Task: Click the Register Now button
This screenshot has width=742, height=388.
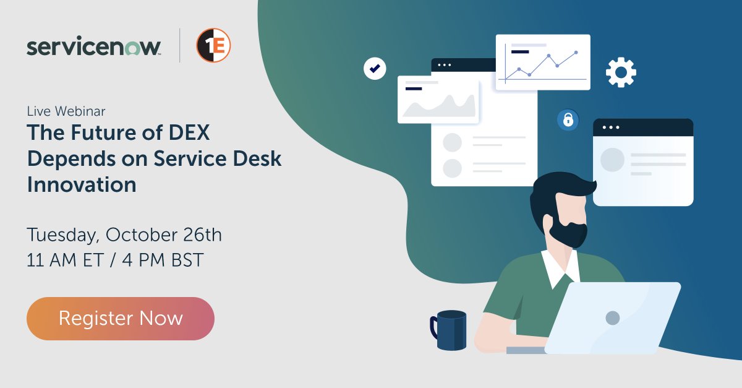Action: [x=121, y=318]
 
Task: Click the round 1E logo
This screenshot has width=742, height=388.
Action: [x=213, y=46]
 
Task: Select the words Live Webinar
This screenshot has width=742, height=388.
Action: [x=66, y=111]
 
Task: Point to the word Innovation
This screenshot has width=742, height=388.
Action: [x=82, y=184]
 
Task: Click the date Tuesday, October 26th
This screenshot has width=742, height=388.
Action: [x=124, y=235]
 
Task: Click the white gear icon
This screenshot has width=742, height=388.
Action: [x=621, y=73]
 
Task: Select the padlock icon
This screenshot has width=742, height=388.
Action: [x=568, y=119]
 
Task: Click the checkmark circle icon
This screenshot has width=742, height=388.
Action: [x=374, y=69]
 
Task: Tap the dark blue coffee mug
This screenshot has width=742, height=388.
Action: [x=450, y=330]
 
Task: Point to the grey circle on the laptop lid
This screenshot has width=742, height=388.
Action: [x=612, y=318]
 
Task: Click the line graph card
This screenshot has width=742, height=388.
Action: [x=543, y=62]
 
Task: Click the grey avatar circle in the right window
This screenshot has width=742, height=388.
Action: [x=612, y=160]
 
